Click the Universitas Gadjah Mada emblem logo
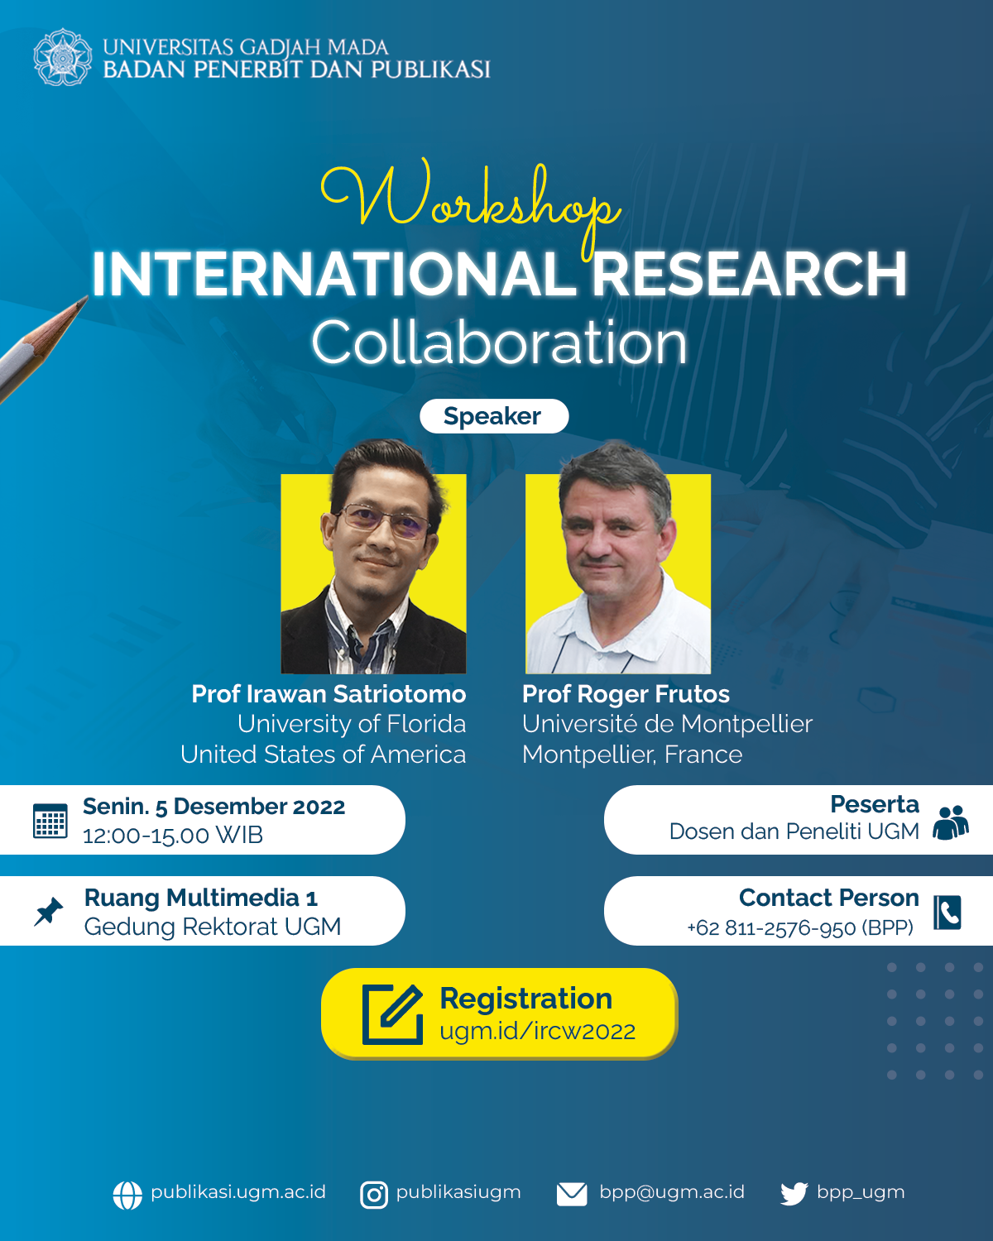(x=62, y=58)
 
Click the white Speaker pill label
(x=494, y=416)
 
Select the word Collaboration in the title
(x=500, y=343)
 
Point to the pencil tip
(x=87, y=297)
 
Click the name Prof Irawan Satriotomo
(x=329, y=694)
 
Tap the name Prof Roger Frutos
(x=626, y=694)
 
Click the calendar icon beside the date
(x=50, y=821)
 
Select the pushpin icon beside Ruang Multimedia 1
(x=49, y=911)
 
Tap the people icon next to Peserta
(x=951, y=822)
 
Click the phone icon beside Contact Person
(x=947, y=913)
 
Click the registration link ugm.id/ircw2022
(x=538, y=1031)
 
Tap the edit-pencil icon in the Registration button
(x=393, y=1014)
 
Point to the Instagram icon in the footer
(x=374, y=1195)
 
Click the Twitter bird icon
(x=794, y=1194)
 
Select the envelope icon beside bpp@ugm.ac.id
(x=572, y=1194)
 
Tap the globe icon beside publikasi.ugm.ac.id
(x=127, y=1195)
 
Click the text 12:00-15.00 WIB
(x=172, y=835)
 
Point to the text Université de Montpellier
(x=668, y=724)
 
